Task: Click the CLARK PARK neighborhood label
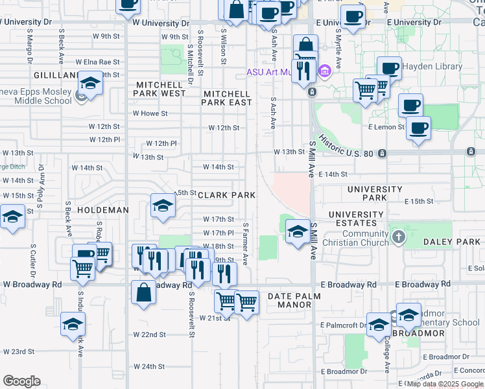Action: click(x=226, y=195)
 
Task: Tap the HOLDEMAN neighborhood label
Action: click(x=103, y=210)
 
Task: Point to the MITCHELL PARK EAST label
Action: click(x=227, y=98)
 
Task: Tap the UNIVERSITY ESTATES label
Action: click(x=356, y=218)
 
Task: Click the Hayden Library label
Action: click(x=431, y=66)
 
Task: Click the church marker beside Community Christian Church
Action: click(x=398, y=238)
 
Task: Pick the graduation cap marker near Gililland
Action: click(x=90, y=84)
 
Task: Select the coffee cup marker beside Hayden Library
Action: click(x=390, y=68)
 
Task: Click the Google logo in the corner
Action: click(x=21, y=381)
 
